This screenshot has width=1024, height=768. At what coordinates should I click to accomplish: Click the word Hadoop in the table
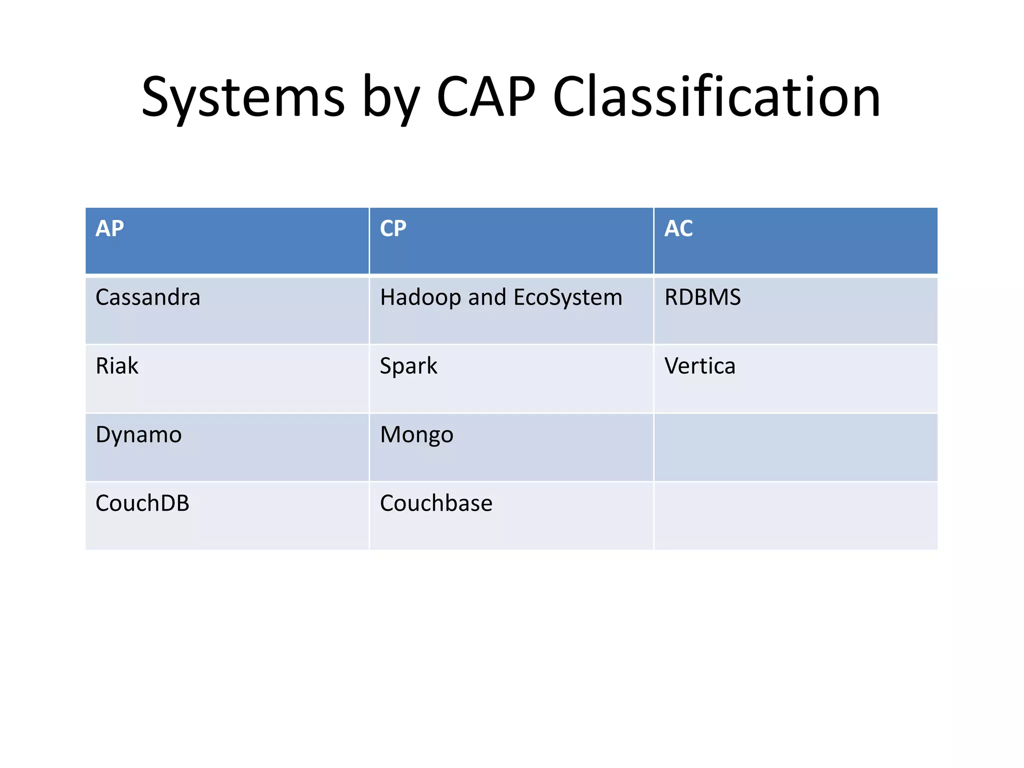pyautogui.click(x=421, y=298)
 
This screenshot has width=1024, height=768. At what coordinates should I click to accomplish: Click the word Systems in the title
pyautogui.click(x=243, y=97)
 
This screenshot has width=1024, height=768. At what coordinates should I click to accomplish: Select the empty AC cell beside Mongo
pyautogui.click(x=795, y=447)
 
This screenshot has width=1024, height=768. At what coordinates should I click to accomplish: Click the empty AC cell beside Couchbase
pyautogui.click(x=795, y=516)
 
